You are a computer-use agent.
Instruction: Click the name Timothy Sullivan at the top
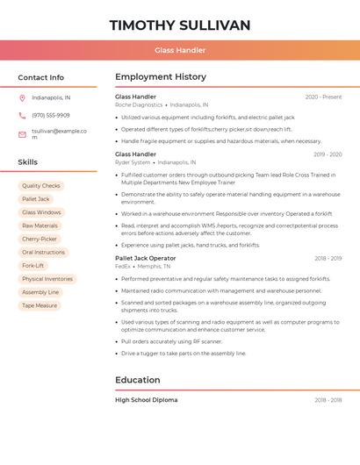[180, 25]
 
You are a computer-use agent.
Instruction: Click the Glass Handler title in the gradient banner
[180, 50]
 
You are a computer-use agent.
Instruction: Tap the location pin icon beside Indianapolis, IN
[22, 97]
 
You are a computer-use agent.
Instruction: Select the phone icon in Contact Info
[22, 115]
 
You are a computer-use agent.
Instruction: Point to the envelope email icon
[22, 134]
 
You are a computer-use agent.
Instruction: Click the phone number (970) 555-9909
[51, 115]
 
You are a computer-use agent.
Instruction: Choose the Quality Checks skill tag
[41, 186]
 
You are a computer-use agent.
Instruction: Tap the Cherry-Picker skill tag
[40, 239]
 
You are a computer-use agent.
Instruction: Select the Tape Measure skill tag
[40, 305]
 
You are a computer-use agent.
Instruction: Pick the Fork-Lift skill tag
[33, 266]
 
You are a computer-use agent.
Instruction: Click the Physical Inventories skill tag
[47, 279]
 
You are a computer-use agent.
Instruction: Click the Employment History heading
[161, 77]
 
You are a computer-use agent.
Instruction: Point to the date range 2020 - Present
[323, 97]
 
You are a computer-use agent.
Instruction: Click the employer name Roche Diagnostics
[139, 104]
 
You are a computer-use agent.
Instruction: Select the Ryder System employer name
[133, 162]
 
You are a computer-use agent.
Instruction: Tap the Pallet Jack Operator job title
[146, 259]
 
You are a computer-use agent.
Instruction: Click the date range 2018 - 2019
[328, 259]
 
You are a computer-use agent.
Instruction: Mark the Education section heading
[138, 380]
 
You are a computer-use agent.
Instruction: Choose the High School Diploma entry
[147, 400]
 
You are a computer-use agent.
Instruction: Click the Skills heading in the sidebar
[28, 162]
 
